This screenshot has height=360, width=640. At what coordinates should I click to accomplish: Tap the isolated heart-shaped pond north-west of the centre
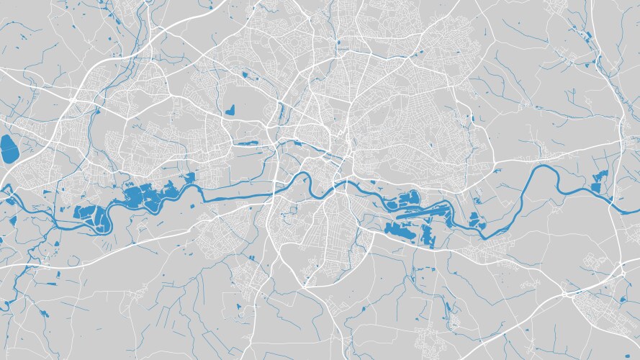tap(230, 110)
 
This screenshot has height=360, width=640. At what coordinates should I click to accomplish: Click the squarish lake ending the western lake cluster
tap(89, 214)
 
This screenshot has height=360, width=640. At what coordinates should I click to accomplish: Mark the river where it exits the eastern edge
tap(634, 210)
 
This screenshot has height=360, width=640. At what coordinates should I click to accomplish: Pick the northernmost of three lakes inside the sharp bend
tap(473, 216)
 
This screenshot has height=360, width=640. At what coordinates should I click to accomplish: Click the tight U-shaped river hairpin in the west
tap(108, 220)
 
